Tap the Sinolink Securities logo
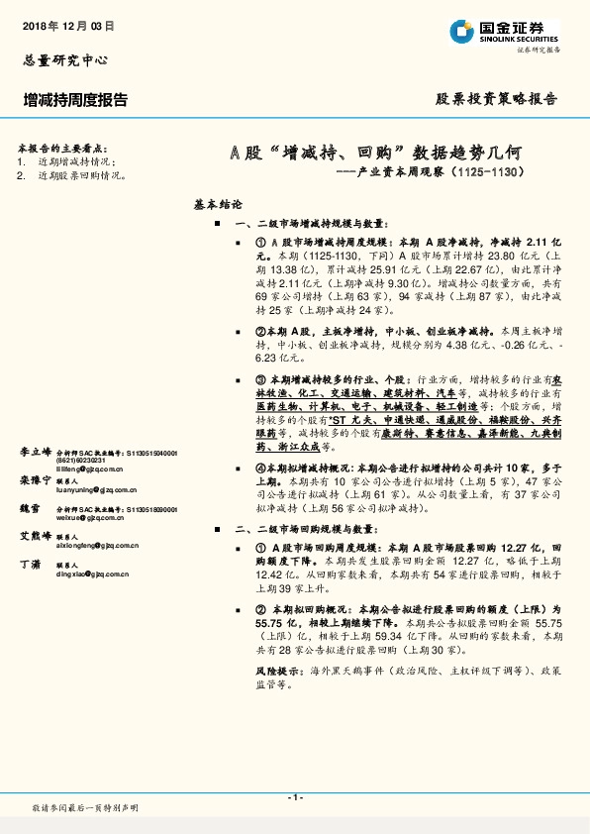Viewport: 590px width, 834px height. [x=504, y=33]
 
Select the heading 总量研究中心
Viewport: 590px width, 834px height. [x=63, y=59]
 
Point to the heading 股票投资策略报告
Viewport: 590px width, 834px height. [x=497, y=99]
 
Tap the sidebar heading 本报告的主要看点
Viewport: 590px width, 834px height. [x=61, y=147]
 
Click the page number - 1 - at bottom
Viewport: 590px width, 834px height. [x=294, y=797]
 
